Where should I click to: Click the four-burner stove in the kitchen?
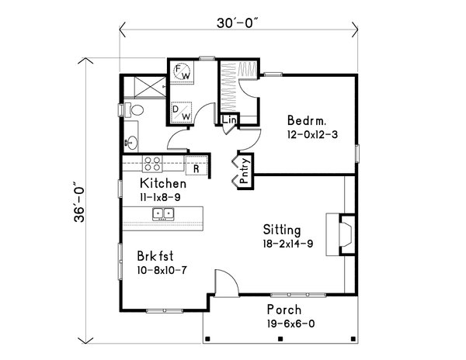[152, 164]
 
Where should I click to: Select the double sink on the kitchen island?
[163, 213]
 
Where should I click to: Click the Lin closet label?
[228, 121]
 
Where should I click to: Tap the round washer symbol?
[184, 71]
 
